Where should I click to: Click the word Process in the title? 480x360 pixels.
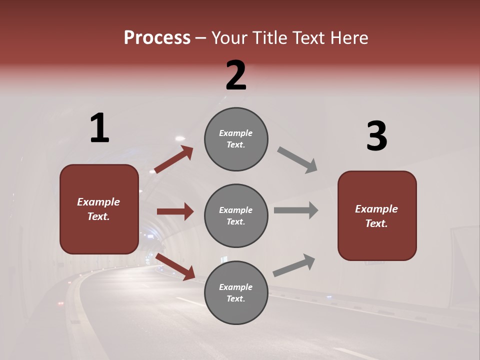157,38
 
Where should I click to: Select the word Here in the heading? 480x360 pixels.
346,38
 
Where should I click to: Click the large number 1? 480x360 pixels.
99,128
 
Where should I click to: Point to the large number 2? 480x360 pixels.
236,75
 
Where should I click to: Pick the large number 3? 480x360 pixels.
376,136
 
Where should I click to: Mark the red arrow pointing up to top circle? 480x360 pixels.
173,160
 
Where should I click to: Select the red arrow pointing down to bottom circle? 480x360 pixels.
175,266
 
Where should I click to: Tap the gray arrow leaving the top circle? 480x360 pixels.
297,160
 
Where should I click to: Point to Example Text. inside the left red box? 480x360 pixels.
99,209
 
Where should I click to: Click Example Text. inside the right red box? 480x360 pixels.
376,216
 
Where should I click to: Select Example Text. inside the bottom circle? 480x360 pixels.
236,292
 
